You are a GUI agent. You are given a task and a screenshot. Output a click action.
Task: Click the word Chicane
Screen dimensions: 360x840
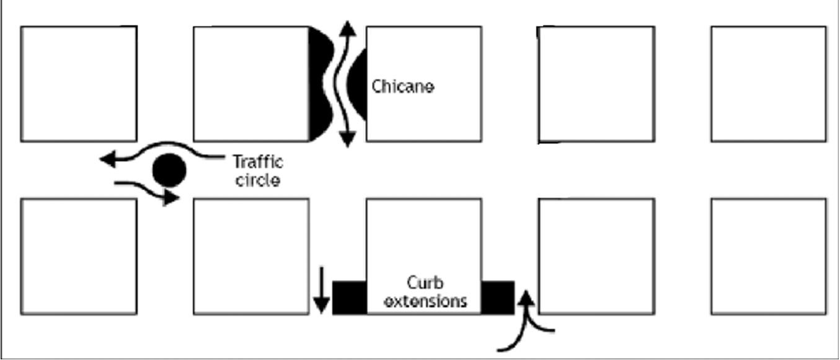(403, 86)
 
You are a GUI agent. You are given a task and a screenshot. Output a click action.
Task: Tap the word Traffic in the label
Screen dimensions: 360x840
(258, 162)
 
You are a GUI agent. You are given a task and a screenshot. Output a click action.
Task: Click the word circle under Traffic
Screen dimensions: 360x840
(258, 181)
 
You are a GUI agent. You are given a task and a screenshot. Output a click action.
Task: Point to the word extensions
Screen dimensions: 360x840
(425, 302)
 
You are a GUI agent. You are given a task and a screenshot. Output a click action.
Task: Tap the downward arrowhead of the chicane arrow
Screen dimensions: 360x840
(348, 140)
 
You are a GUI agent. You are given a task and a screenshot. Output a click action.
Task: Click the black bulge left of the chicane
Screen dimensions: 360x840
(320, 84)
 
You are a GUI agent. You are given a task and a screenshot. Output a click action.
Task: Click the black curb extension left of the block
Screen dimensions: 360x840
(350, 297)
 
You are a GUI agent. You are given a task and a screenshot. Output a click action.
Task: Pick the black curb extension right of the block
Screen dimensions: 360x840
(498, 297)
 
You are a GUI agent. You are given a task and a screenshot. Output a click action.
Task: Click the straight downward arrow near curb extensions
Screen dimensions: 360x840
(321, 291)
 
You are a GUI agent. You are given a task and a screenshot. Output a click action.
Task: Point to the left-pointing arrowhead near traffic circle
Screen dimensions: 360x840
(107, 159)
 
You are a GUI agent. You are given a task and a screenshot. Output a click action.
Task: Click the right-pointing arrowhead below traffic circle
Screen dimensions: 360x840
(171, 198)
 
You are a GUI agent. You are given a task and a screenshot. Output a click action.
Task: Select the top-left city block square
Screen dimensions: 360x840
(79, 84)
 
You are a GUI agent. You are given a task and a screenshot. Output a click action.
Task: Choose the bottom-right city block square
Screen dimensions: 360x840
(769, 256)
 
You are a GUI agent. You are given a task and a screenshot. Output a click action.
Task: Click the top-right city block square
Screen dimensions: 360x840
(769, 84)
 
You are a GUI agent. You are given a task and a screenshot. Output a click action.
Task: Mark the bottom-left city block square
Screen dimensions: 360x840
(79, 256)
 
